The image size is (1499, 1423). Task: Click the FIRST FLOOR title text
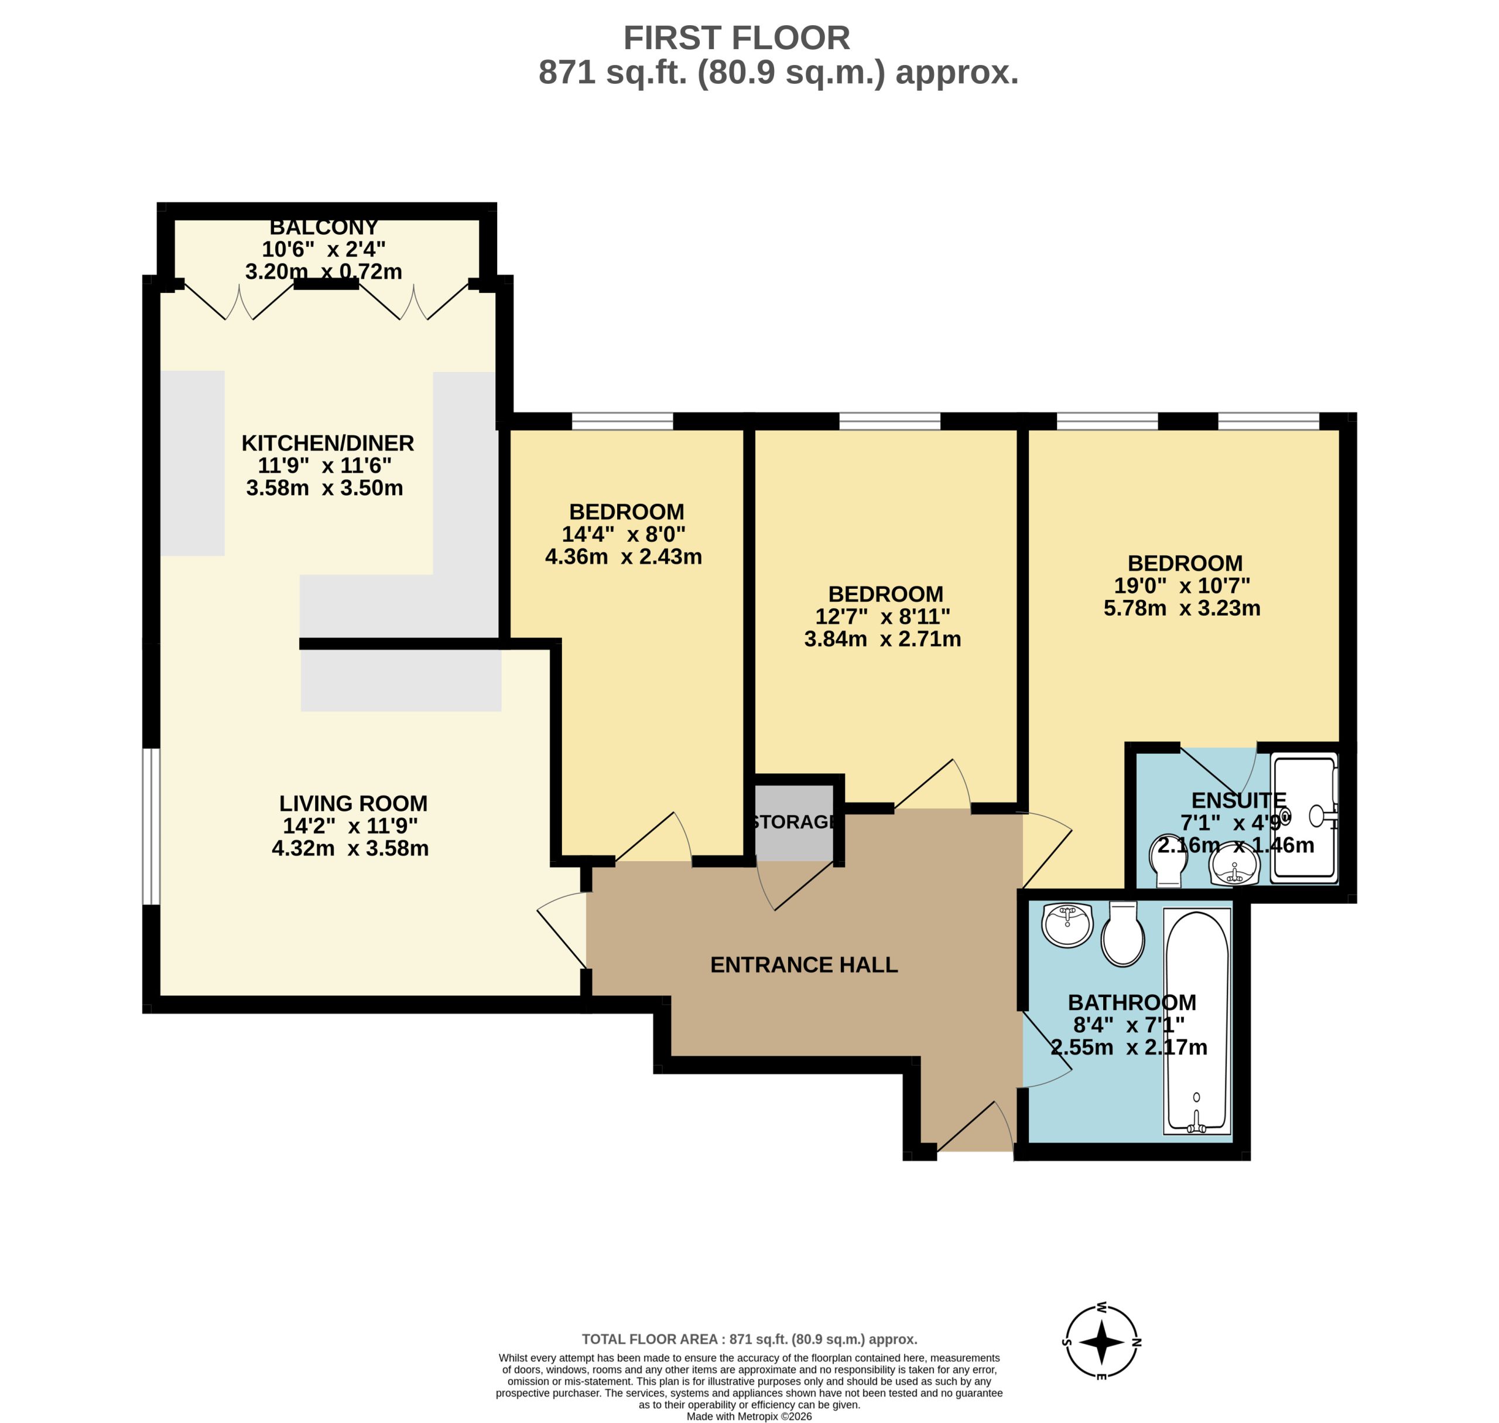[736, 38]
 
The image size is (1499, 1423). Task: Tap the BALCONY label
[324, 227]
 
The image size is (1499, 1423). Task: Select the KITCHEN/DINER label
[327, 443]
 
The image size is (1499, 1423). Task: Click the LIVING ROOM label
[353, 803]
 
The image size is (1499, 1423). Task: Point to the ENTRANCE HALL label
[804, 965]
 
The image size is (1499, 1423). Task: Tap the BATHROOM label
[1132, 1003]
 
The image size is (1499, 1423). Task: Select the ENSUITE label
[1239, 800]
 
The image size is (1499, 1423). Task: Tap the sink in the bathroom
[1067, 924]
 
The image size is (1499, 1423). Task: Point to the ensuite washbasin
[1234, 865]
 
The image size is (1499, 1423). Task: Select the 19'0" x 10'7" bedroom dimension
[1182, 586]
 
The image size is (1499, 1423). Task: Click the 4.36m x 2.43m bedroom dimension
[623, 557]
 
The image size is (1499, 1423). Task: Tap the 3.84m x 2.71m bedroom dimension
[882, 639]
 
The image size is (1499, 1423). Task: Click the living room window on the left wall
[152, 826]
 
